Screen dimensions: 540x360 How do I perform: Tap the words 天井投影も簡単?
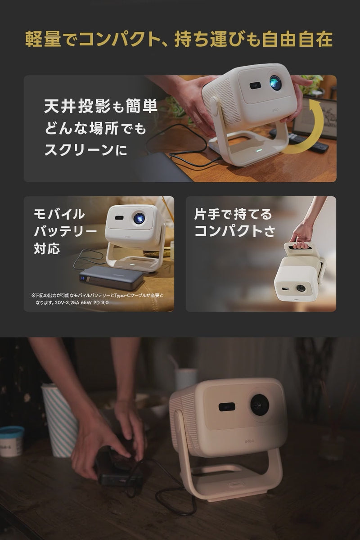click(101, 107)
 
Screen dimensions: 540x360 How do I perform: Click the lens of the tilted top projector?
click(275, 82)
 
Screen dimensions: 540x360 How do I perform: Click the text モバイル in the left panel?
click(59, 213)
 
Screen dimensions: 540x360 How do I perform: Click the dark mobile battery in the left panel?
click(112, 279)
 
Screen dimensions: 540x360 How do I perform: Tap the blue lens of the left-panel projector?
click(139, 218)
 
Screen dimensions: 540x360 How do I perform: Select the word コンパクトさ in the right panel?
click(234, 231)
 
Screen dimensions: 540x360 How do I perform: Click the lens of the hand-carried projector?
click(301, 288)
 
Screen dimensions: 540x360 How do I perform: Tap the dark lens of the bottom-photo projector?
click(260, 405)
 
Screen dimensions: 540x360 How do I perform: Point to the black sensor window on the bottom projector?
click(227, 407)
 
